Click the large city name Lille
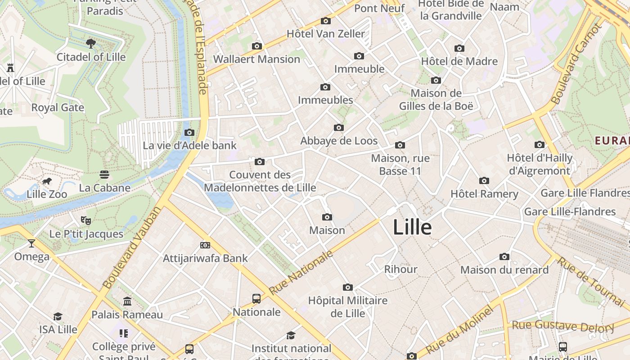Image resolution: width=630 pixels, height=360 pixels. (412, 228)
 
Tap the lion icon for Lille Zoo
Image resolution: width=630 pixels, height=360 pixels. (46, 181)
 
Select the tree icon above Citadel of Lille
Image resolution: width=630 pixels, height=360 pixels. (91, 43)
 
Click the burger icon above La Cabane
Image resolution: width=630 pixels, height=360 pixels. (104, 174)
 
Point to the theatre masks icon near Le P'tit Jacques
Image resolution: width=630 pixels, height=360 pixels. (86, 220)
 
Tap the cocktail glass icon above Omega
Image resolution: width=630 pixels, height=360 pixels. (31, 243)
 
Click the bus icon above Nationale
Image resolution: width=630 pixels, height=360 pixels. (256, 298)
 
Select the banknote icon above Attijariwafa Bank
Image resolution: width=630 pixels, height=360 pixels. (205, 245)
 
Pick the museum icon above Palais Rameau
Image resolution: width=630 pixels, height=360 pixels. (127, 301)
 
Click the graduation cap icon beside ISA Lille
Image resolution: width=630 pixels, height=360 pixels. (58, 316)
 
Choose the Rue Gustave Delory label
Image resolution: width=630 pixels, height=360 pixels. (563, 326)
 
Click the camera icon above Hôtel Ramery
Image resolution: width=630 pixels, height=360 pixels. (484, 181)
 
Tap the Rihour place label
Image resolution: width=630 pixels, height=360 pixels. (400, 270)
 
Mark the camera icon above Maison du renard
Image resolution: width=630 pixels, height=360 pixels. (504, 257)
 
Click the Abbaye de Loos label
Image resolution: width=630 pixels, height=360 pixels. (339, 141)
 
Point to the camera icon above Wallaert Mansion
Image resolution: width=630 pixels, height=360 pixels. (257, 46)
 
